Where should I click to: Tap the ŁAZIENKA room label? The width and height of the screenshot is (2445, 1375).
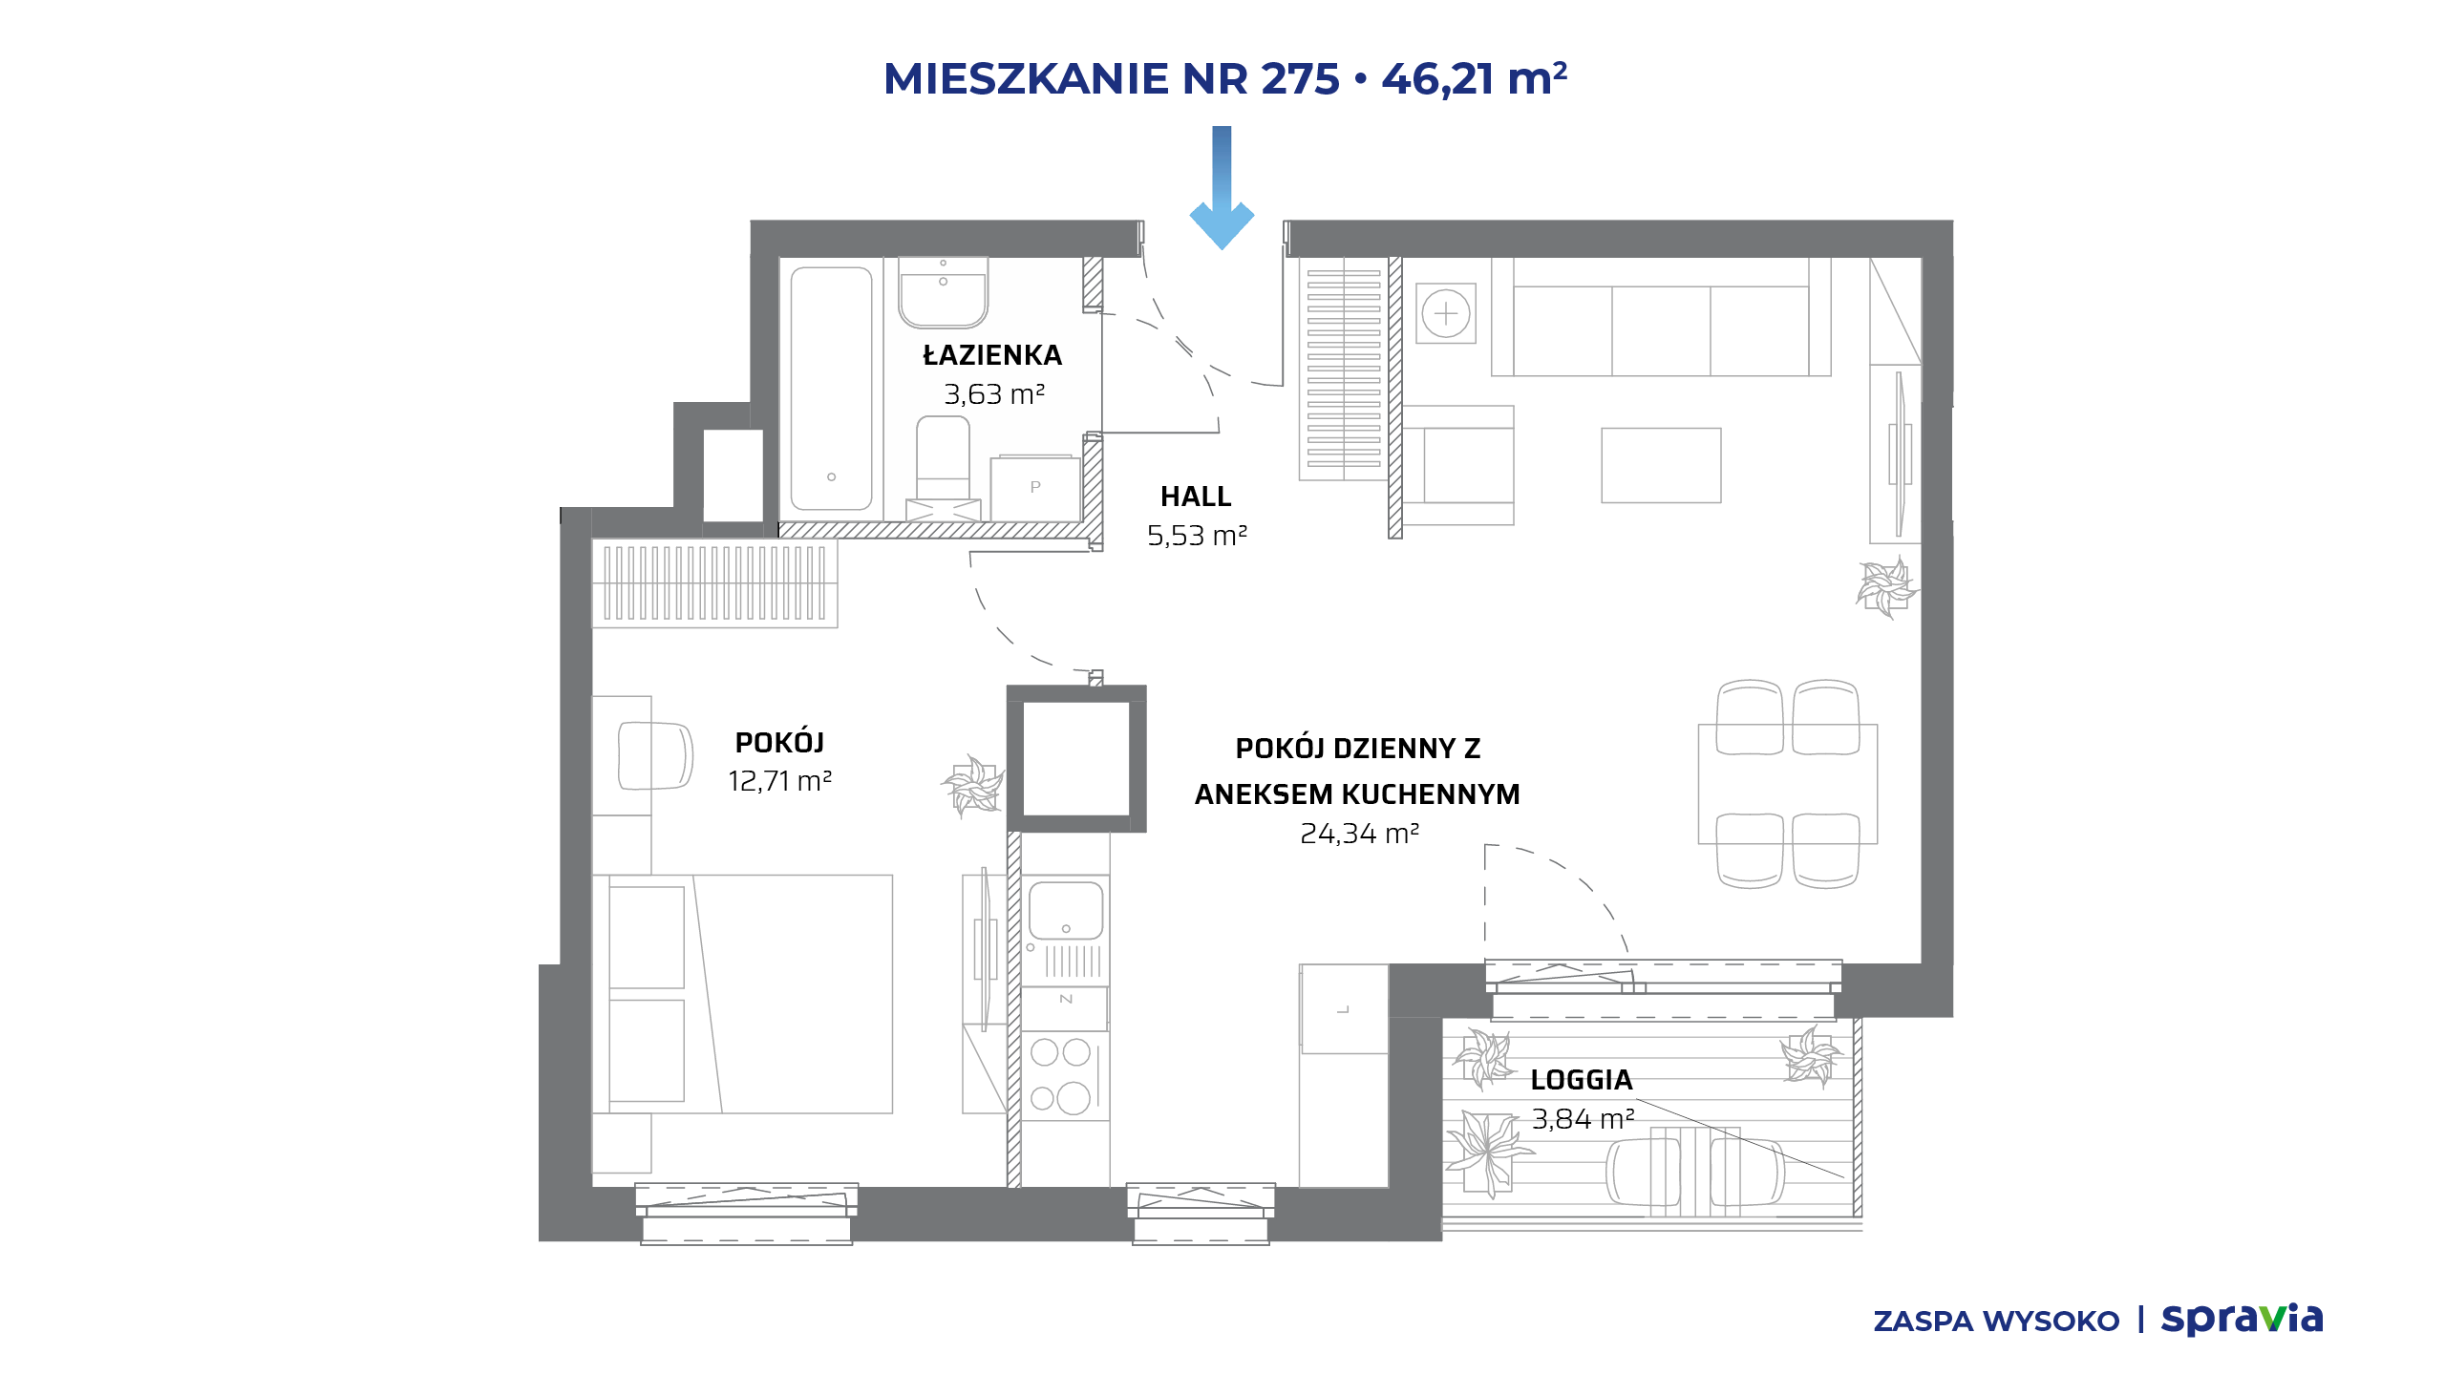[x=992, y=355]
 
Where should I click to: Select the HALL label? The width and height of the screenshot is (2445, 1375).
[x=1196, y=497]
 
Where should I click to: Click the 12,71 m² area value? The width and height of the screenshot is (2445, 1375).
[x=779, y=781]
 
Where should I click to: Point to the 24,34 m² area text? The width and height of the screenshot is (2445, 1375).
[x=1359, y=834]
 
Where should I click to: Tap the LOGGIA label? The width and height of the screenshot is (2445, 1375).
[x=1582, y=1080]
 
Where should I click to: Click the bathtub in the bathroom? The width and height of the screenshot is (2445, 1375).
[x=831, y=389]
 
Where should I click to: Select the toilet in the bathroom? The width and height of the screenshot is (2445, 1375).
[x=943, y=468]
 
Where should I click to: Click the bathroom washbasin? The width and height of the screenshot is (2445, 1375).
[x=943, y=291]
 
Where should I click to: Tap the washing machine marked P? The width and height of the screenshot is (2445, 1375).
[x=1035, y=488]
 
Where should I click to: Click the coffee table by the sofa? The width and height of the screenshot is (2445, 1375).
[x=1661, y=465]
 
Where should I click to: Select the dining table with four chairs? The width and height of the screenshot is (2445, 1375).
[x=1788, y=784]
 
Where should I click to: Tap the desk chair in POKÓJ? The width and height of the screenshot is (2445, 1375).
[x=655, y=755]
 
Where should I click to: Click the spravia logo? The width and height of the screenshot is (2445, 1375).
[x=2242, y=1319]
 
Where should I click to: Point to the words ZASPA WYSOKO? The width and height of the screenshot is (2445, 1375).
[x=1996, y=1322]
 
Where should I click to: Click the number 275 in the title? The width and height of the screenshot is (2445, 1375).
[x=1300, y=78]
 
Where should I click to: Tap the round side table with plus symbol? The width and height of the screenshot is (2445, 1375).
[x=1446, y=313]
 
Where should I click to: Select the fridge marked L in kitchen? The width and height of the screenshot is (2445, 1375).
[x=1344, y=1008]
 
